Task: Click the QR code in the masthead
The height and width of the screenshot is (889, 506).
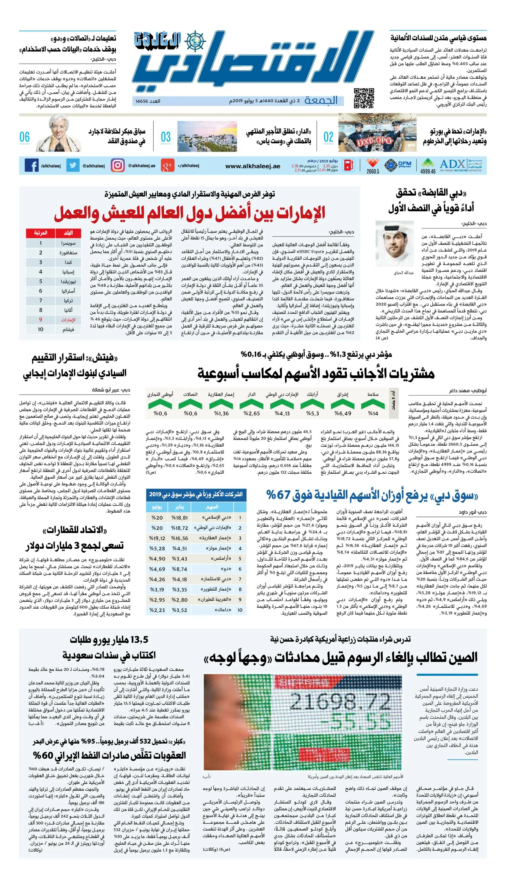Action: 363,98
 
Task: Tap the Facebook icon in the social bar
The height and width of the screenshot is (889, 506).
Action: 32,165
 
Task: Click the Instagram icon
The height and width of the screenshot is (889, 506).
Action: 117,165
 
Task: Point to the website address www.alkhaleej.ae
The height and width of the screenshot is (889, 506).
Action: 253,166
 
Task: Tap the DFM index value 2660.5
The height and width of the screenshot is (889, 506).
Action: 373,171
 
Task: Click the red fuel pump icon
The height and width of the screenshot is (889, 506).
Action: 349,165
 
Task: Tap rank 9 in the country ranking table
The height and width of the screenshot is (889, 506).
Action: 41,320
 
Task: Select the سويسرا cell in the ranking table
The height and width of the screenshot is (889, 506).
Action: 69,243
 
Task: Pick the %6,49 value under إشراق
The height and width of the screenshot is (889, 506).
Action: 343,413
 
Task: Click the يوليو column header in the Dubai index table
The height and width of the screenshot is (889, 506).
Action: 157,507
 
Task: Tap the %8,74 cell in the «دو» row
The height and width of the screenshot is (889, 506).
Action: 179,569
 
